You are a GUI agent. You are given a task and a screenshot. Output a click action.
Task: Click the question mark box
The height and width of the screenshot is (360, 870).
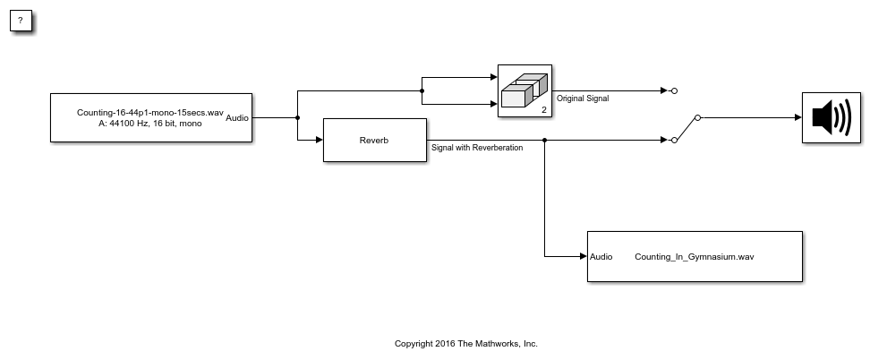(x=21, y=21)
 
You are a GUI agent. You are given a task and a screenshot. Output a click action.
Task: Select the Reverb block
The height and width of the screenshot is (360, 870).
(x=375, y=140)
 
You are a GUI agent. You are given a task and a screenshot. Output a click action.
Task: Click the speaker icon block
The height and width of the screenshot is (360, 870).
(x=832, y=118)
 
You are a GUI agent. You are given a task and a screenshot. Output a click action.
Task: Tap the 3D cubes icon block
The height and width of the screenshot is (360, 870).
(x=525, y=90)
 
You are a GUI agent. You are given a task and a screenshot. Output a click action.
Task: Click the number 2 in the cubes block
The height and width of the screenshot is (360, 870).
(x=544, y=110)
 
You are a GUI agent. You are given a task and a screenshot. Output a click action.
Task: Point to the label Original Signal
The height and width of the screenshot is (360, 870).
(x=583, y=99)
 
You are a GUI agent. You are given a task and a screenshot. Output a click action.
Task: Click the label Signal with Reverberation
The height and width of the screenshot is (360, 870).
(x=477, y=148)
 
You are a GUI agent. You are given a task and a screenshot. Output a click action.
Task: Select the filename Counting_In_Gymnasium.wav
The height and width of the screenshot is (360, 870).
(x=694, y=257)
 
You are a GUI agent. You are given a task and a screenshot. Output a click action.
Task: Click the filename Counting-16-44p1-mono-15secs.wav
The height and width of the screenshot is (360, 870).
(x=150, y=112)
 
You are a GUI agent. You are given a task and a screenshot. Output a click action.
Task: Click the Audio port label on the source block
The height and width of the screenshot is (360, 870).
(x=237, y=118)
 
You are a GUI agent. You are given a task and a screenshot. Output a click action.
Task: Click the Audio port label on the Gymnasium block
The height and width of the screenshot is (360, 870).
(x=601, y=257)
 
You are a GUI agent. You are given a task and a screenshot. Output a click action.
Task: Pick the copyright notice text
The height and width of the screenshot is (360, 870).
(x=466, y=343)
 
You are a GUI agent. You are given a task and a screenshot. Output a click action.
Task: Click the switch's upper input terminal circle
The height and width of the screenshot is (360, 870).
(x=674, y=90)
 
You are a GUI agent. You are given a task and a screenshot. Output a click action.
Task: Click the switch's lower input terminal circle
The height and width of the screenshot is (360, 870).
(x=674, y=140)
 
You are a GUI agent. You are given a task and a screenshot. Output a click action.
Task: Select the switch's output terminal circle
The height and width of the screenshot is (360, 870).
(x=698, y=118)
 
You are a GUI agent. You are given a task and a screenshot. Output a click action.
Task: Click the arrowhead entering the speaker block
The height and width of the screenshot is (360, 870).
(x=798, y=118)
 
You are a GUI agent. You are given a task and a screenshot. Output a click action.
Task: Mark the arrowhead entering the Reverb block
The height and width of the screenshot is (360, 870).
(x=320, y=140)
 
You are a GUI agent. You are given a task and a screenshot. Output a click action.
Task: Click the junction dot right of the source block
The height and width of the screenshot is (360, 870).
(x=298, y=118)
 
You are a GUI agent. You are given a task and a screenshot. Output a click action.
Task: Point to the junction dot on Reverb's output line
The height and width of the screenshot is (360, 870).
(x=545, y=140)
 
